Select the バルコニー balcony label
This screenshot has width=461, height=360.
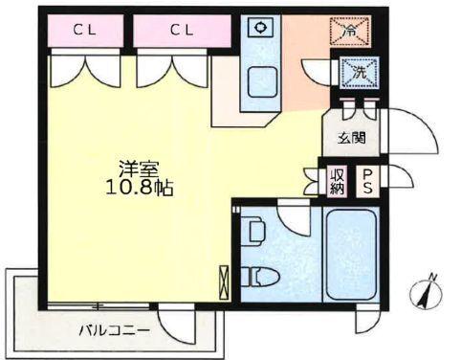click(114, 330)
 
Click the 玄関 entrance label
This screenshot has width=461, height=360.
click(352, 138)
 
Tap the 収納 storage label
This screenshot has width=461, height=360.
click(338, 179)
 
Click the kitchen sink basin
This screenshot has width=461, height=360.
click(260, 81)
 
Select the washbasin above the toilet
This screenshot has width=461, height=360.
click(253, 231)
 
